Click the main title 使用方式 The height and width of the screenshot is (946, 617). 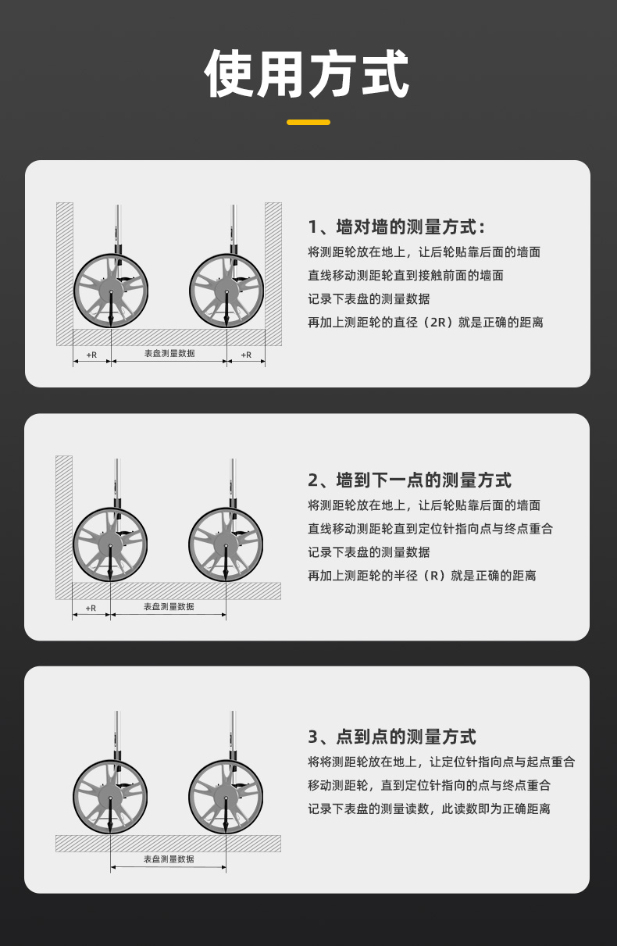pyautogui.click(x=307, y=73)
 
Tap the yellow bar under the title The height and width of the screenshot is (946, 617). pyautogui.click(x=308, y=123)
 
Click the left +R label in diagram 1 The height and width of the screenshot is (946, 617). pyautogui.click(x=91, y=355)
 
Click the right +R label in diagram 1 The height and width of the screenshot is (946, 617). pyautogui.click(x=246, y=355)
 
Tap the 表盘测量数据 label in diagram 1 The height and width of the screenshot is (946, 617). pyautogui.click(x=169, y=354)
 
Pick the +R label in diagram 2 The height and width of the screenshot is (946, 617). pyautogui.click(x=91, y=608)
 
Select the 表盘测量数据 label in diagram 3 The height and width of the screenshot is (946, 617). pyautogui.click(x=169, y=859)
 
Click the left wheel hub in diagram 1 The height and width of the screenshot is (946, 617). pyautogui.click(x=111, y=291)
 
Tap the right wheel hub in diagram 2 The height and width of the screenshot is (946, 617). pyautogui.click(x=226, y=545)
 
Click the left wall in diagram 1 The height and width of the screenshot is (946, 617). pyautogui.click(x=65, y=273)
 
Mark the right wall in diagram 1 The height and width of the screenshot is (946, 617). pyautogui.click(x=273, y=273)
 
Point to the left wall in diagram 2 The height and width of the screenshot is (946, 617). pyautogui.click(x=64, y=527)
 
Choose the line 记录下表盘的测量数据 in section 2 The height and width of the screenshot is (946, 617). pyautogui.click(x=369, y=552)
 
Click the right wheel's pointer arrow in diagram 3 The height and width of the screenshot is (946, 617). pyautogui.click(x=226, y=815)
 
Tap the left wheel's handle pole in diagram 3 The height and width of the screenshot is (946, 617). pyautogui.click(x=117, y=736)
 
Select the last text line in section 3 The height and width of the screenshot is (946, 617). pyautogui.click(x=429, y=809)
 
